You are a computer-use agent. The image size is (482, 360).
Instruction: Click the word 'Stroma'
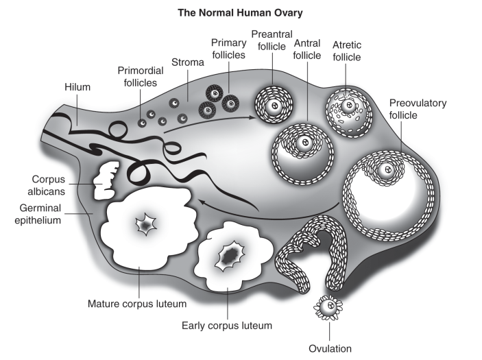tap(188, 62)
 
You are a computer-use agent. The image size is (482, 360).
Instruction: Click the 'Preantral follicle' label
tap(272, 40)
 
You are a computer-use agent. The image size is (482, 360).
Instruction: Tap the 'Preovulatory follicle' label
tap(418, 109)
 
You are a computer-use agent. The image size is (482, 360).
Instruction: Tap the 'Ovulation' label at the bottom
tap(329, 348)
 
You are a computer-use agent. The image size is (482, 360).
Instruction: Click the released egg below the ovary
tap(330, 307)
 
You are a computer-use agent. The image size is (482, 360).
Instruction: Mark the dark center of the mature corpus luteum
tap(145, 224)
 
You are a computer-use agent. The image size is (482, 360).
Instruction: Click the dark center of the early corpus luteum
tap(230, 256)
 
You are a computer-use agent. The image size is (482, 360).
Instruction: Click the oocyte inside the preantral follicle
tap(274, 107)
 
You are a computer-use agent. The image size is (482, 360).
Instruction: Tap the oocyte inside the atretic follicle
tap(349, 106)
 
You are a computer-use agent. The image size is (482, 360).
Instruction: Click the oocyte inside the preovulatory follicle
tap(386, 170)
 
